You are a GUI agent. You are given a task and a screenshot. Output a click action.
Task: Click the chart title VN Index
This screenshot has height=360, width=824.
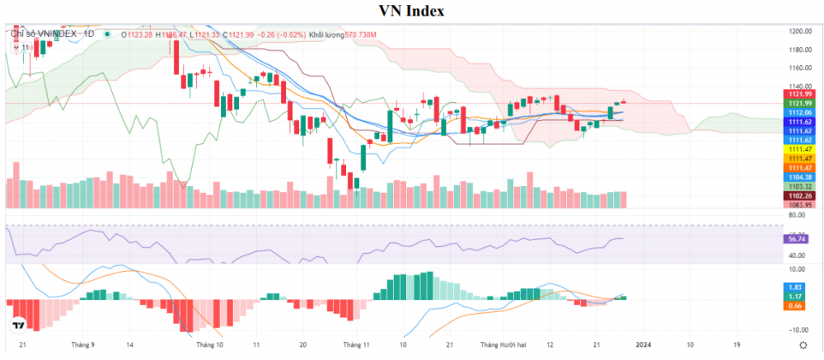pyautogui.click(x=411, y=11)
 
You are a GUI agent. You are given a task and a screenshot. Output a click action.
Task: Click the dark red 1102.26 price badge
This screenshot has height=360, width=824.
pyautogui.click(x=801, y=195)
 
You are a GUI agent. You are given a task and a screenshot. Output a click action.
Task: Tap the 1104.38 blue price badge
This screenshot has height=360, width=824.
pyautogui.click(x=801, y=177)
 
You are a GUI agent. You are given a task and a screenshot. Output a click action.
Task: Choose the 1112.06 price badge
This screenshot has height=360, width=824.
pyautogui.click(x=801, y=112)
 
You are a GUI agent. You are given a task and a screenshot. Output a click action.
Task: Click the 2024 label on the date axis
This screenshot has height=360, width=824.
pyautogui.click(x=644, y=345)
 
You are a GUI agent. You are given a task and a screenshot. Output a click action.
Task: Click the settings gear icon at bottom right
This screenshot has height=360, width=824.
pyautogui.click(x=803, y=345)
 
